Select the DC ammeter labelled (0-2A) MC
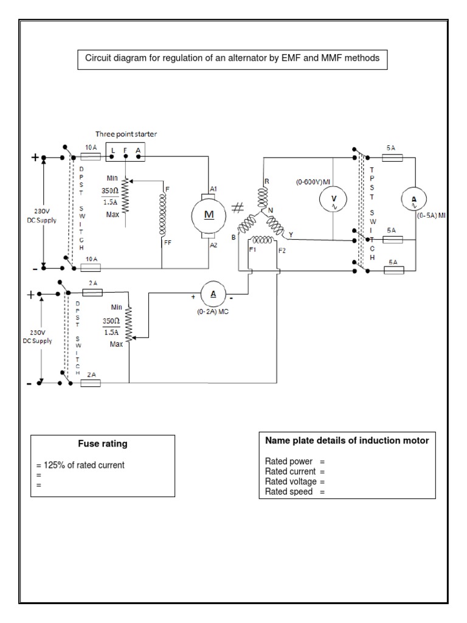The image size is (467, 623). tap(213, 294)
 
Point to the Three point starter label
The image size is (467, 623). tap(125, 134)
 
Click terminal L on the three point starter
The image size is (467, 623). tap(114, 150)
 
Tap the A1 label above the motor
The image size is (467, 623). tap(213, 190)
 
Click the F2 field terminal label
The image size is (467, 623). tap(282, 250)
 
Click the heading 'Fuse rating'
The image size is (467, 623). tap(102, 444)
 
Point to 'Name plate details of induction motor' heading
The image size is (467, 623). tap(347, 440)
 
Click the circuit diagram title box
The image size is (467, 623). tap(231, 59)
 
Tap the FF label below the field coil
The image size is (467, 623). tap(167, 242)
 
